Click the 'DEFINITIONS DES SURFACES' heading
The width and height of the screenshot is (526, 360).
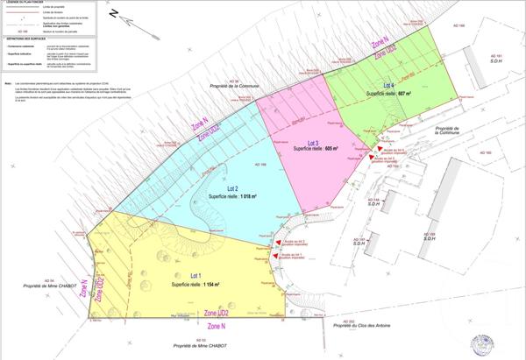coord(26,39)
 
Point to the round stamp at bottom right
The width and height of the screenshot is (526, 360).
coord(480,342)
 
